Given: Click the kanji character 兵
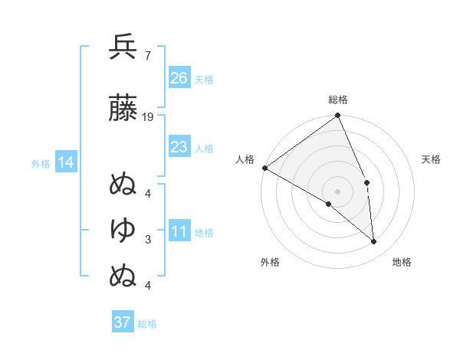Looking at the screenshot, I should point(123,48).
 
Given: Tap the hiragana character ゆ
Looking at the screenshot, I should point(123,228).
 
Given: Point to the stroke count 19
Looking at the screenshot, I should point(148,117).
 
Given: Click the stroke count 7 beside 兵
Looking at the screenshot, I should point(147,56).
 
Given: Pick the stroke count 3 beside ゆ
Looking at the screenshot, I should point(147,240).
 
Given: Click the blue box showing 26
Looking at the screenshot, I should point(179,78).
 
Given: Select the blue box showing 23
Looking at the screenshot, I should point(179,147).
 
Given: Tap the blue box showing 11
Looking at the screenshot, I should point(179,231).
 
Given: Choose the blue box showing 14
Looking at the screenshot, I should point(66,162).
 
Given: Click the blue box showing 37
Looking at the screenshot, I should point(123,322).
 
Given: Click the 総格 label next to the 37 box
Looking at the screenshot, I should point(148,324).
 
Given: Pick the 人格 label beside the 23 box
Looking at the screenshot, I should point(205,148).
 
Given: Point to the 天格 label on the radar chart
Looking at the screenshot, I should point(432,159).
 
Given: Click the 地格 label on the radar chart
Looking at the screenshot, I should point(402,263).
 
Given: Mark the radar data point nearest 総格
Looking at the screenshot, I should point(338,116).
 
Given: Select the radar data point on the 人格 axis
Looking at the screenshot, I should point(264,168).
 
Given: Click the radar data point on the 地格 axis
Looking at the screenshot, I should point(374,242).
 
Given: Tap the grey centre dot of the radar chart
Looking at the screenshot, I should point(338,191).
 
